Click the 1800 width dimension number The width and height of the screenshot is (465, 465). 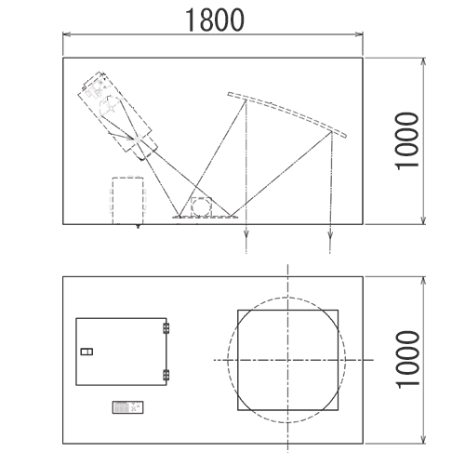click(x=215, y=20)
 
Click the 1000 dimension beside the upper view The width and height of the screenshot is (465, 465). click(x=407, y=141)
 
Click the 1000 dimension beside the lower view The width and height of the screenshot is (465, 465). click(x=407, y=360)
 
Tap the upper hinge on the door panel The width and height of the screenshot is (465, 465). click(x=166, y=328)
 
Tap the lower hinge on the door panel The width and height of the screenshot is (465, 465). click(x=166, y=375)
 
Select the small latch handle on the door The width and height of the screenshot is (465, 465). click(x=86, y=352)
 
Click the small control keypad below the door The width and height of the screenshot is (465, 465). click(x=127, y=407)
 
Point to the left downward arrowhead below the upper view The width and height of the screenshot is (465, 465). click(x=246, y=233)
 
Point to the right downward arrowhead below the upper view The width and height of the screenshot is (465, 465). click(x=330, y=233)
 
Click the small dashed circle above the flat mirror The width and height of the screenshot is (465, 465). click(x=202, y=206)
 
